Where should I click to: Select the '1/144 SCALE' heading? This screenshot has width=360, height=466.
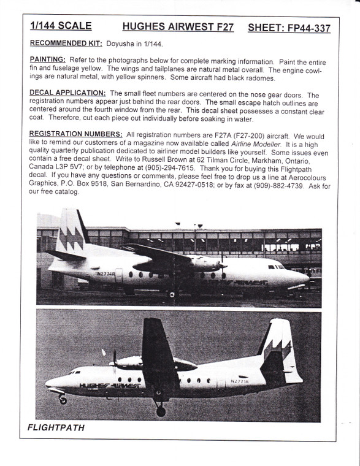(x=61, y=26)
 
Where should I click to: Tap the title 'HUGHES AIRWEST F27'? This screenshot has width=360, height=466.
(x=177, y=28)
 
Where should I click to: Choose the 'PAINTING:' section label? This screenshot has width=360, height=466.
(x=47, y=60)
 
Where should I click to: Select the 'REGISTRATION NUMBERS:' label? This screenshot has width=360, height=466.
(x=74, y=134)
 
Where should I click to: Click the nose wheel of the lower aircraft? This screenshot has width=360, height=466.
(x=63, y=401)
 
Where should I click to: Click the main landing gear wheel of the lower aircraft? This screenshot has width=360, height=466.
(x=161, y=411)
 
